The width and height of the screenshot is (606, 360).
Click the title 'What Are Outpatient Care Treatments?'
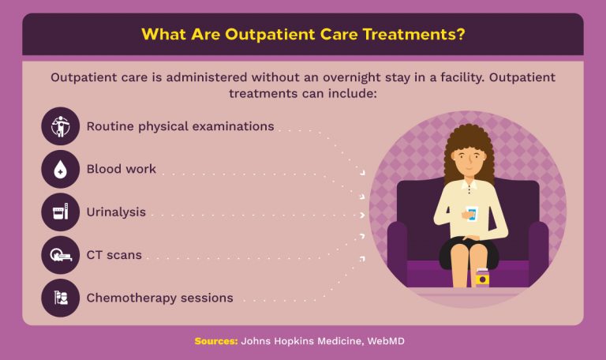pyautogui.click(x=303, y=35)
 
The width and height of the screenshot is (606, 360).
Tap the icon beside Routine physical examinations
pyautogui.click(x=61, y=126)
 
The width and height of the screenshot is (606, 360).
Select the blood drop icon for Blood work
pyautogui.click(x=61, y=169)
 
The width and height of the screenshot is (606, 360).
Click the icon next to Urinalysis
pyautogui.click(x=61, y=212)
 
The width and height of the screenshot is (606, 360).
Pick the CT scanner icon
pyautogui.click(x=61, y=255)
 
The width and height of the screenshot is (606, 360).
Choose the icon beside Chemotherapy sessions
pyautogui.click(x=61, y=298)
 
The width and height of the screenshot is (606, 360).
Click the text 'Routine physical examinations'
pyautogui.click(x=180, y=126)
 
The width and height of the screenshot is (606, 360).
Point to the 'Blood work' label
pyautogui.click(x=121, y=169)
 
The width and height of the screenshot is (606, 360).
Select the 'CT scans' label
pyautogui.click(x=114, y=255)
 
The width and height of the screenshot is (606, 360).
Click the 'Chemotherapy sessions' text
pyautogui.click(x=159, y=298)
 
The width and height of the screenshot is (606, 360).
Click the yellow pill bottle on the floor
pyautogui.click(x=482, y=277)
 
